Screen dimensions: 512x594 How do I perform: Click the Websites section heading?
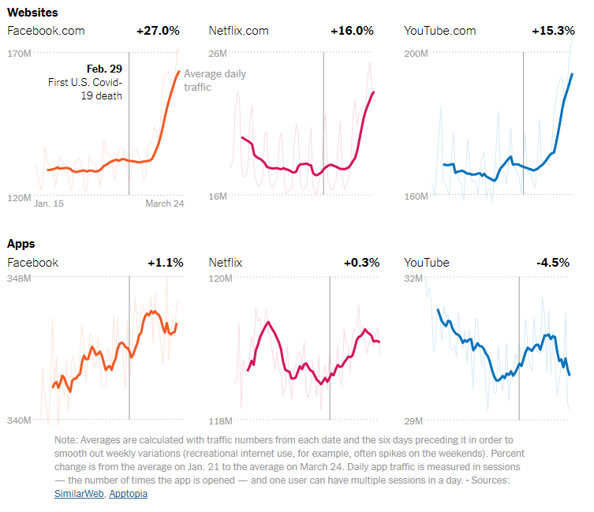click(x=32, y=13)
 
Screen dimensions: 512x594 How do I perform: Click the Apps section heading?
click(x=21, y=244)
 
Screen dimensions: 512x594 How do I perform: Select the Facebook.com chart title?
click(x=46, y=31)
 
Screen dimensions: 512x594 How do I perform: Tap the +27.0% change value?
click(x=158, y=31)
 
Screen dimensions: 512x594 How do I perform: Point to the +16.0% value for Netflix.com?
click(x=352, y=31)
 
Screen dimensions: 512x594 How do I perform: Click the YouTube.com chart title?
click(x=440, y=31)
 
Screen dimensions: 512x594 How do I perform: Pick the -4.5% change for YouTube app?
click(x=552, y=263)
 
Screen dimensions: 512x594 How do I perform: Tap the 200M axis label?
click(x=416, y=54)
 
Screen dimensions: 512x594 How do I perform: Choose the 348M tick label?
click(x=18, y=278)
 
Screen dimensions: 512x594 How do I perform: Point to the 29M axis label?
click(x=413, y=420)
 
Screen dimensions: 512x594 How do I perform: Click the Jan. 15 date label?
click(x=49, y=204)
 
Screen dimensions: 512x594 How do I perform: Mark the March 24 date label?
click(x=164, y=204)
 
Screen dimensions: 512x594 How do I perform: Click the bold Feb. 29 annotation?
click(x=106, y=69)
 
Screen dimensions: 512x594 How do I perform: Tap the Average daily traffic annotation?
click(x=215, y=80)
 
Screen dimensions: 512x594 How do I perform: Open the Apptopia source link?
click(x=128, y=494)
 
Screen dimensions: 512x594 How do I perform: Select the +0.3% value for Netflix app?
click(x=361, y=263)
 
